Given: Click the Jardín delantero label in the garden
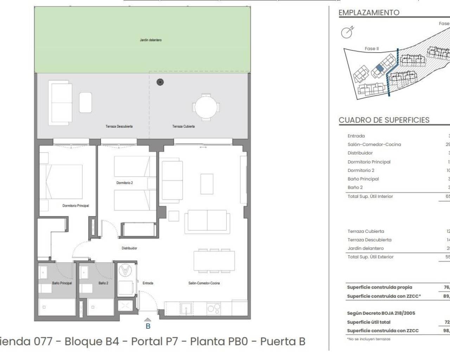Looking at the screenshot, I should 150,40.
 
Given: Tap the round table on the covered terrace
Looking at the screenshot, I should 206,107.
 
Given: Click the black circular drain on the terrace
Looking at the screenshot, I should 160,82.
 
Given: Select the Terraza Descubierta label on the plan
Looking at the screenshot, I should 119,127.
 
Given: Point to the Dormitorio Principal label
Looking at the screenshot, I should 76,206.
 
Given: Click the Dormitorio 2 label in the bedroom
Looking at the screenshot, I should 124,183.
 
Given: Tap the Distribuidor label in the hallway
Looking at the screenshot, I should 129,248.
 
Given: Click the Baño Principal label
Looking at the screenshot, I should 62,283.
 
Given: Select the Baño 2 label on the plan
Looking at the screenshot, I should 103,283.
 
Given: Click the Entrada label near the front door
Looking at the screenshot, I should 148,283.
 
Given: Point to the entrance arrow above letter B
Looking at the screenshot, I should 148,320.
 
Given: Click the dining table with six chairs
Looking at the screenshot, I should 214,261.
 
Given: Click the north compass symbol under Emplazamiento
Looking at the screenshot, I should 347,33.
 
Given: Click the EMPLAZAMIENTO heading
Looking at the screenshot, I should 369,13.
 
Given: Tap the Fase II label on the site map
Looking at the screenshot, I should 372,49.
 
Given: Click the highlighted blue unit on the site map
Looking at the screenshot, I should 379,68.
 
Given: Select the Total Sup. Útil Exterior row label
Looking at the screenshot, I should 371,257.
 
